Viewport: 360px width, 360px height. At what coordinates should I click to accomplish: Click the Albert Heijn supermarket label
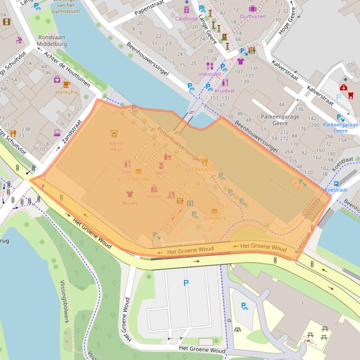pyautogui.click(x=116, y=146)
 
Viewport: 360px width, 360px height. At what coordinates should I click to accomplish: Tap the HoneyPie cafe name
pyautogui.click(x=67, y=92)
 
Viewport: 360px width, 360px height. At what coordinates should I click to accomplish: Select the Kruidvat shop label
pyautogui.click(x=225, y=91)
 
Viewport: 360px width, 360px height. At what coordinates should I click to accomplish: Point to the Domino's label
pyautogui.click(x=214, y=218)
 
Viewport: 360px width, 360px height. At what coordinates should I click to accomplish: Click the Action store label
pyautogui.click(x=154, y=196)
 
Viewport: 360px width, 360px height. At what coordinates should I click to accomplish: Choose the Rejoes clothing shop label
pyautogui.click(x=130, y=203)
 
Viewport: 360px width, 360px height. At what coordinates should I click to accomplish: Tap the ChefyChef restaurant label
pyautogui.click(x=205, y=169)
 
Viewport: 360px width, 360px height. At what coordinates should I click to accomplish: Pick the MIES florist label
pyautogui.click(x=161, y=173)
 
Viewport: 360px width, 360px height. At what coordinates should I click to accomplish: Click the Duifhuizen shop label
pyautogui.click(x=252, y=16)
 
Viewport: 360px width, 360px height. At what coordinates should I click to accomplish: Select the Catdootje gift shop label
pyautogui.click(x=186, y=19)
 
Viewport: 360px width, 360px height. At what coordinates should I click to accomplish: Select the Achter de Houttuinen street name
pyautogui.click(x=67, y=69)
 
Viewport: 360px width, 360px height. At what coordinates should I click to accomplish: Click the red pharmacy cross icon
pyautogui.click(x=344, y=87)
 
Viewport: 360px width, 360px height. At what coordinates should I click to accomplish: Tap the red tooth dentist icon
pyautogui.click(x=351, y=95)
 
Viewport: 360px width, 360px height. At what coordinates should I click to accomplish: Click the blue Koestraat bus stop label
pyautogui.click(x=336, y=190)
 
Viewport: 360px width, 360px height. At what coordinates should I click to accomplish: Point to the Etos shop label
pyautogui.click(x=127, y=172)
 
